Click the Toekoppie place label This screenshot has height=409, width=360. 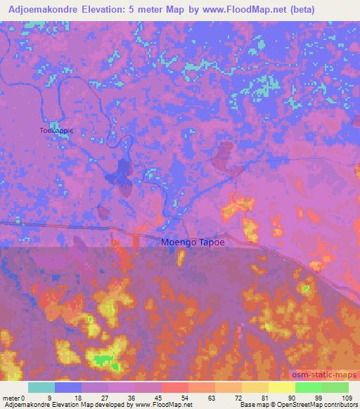pyautogui.click(x=56, y=130)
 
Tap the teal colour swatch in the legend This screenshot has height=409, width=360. pyautogui.click(x=41, y=387)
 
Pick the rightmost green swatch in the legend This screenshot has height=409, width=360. pyautogui.click(x=335, y=387)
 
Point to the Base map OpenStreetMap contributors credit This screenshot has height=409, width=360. pyautogui.click(x=298, y=405)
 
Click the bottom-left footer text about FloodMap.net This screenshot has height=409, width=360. pyautogui.click(x=98, y=405)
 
